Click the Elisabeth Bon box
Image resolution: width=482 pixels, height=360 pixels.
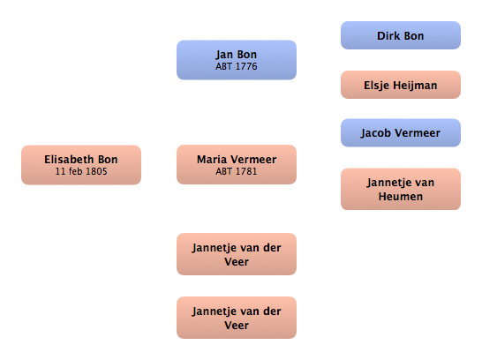coord(81,165)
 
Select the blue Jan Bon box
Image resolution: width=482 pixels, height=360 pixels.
coord(237,60)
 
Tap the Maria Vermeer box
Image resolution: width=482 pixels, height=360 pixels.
coord(237,165)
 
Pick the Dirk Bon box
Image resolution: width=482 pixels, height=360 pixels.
coord(401,35)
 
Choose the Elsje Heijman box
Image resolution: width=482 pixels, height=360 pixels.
coord(401,85)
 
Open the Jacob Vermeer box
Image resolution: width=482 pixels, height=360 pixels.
coord(401,132)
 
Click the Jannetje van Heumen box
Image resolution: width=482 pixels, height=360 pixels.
coord(401,189)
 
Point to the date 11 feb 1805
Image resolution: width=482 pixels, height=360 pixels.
coord(81,171)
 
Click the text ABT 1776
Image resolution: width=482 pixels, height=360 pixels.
coord(237,66)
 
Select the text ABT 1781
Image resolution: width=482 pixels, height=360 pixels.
coord(237,171)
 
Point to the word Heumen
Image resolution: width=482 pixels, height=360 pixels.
coord(401,196)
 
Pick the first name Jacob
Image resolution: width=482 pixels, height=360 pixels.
coord(376,133)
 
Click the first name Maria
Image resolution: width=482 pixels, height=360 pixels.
coord(212,160)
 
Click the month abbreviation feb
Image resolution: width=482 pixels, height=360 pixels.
coord(76,171)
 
